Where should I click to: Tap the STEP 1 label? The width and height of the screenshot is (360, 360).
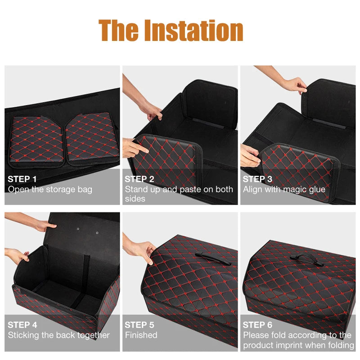coord(22,179)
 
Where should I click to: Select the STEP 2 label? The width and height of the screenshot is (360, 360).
coord(139,179)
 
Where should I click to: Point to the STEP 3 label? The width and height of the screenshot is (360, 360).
coord(257,179)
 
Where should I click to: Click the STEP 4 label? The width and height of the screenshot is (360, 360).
coord(22,324)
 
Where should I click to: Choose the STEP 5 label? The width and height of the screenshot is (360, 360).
coord(139,324)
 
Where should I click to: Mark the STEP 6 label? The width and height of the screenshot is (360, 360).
coord(257,324)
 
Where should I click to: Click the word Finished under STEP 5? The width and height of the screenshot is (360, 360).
coord(141,335)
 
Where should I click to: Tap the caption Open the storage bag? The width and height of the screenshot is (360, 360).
coord(50,189)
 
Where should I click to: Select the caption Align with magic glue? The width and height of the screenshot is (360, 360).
coord(284,189)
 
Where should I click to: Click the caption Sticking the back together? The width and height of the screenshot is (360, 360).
coord(59,335)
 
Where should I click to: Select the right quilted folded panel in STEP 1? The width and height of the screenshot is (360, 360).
coord(92,137)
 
